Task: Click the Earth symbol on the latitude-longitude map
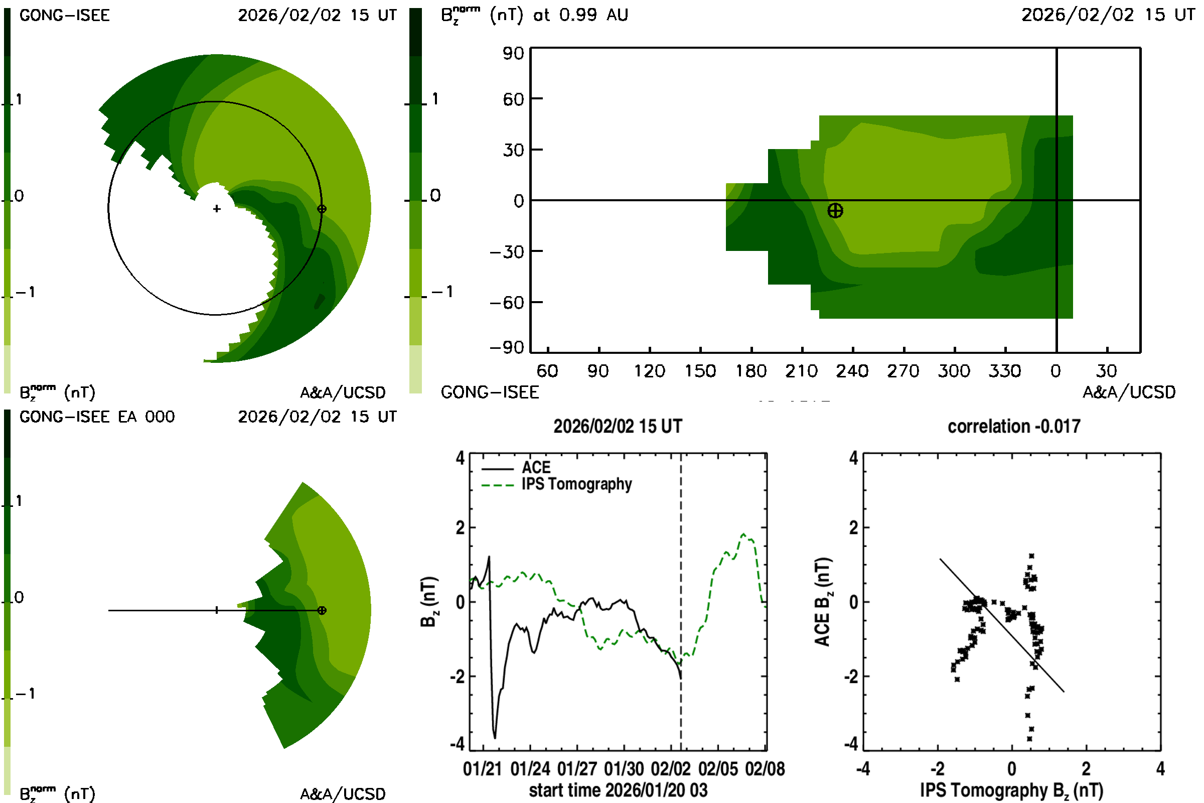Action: (835, 210)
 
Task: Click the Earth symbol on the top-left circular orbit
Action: (322, 209)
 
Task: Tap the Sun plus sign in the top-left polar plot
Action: (217, 209)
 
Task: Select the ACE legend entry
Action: (535, 468)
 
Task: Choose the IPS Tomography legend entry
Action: (576, 484)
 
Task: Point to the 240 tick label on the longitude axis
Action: (852, 371)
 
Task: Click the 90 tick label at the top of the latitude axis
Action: (513, 53)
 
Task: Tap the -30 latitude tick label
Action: (507, 251)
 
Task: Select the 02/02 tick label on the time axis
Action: (671, 769)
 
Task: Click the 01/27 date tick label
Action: (577, 769)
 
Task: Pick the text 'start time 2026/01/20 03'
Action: (618, 790)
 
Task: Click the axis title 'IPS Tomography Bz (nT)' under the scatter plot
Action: (1011, 790)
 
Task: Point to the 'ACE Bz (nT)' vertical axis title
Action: (822, 602)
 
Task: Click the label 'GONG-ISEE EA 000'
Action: (97, 417)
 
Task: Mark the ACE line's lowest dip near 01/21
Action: (495, 737)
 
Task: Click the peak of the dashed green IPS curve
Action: (744, 534)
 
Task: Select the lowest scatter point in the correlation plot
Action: (1029, 739)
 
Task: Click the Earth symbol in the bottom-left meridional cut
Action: (322, 610)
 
